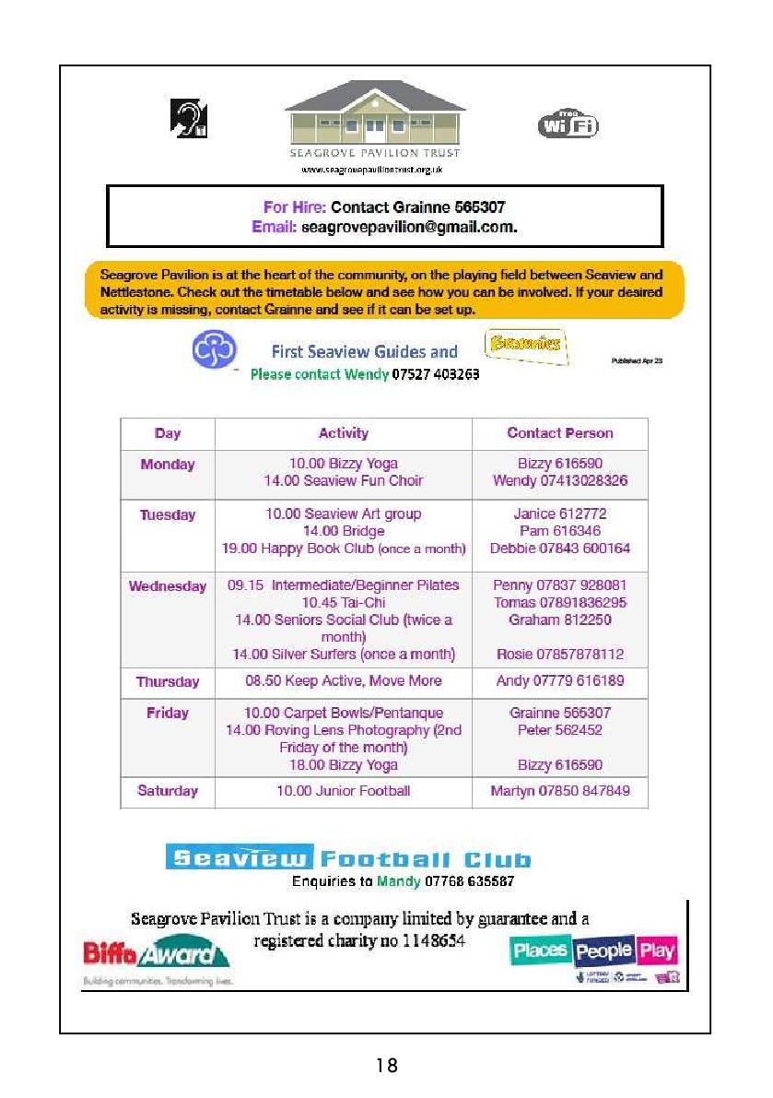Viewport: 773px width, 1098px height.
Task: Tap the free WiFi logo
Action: (568, 124)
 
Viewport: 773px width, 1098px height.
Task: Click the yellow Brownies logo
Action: (523, 345)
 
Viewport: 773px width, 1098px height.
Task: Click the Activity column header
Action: (343, 433)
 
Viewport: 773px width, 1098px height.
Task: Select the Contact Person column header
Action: (559, 433)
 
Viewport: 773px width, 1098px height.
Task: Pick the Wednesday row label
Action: (168, 586)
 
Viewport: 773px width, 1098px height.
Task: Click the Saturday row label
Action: (168, 791)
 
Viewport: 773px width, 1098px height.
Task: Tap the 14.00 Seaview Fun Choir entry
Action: (344, 481)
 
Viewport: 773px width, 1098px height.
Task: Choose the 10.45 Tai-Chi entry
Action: (344, 603)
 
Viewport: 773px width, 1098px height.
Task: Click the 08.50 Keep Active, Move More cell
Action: (344, 681)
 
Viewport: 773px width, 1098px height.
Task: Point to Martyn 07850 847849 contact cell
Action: (560, 791)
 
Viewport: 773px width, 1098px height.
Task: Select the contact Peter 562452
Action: (560, 730)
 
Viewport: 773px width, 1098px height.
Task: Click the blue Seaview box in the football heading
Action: (240, 858)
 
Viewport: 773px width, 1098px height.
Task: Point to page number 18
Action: (387, 1066)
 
